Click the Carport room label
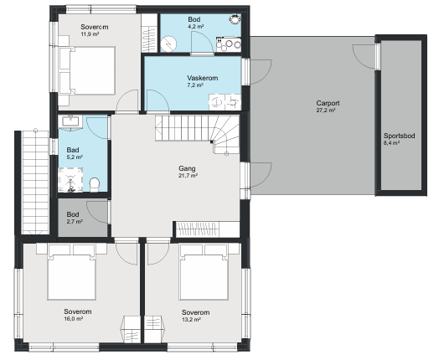[328, 103]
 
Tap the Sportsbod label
[400, 136]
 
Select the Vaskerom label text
[203, 78]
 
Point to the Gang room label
[187, 168]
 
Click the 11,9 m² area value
[90, 34]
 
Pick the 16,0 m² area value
[74, 319]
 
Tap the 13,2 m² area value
[191, 320]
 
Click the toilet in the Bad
[95, 185]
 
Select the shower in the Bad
[70, 180]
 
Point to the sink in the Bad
[70, 122]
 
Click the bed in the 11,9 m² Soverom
[87, 70]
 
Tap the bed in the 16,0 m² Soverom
[71, 272]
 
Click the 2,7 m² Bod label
[73, 214]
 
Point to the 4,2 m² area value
[196, 27]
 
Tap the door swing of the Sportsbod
[364, 56]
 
